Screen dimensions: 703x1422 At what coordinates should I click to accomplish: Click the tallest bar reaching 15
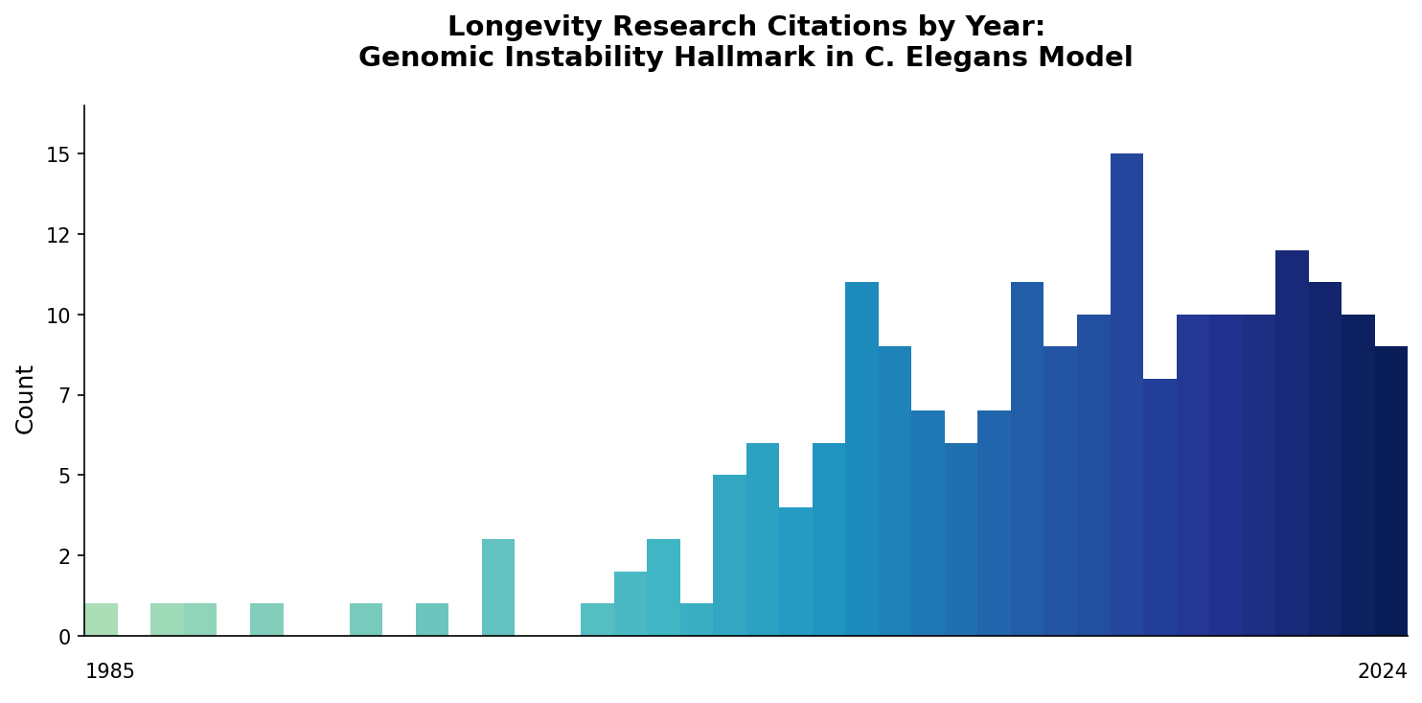coord(1126,393)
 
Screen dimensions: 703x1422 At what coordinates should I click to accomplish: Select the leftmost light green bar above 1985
coord(101,620)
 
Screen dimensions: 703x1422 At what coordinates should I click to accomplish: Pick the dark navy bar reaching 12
coord(1292,441)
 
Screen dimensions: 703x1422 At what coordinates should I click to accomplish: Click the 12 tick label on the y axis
coord(58,235)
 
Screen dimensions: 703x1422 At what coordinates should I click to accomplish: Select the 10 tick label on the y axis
coord(58,316)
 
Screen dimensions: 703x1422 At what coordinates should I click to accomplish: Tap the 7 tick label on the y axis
coord(64,395)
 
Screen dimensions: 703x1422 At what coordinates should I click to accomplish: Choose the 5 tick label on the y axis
coord(64,476)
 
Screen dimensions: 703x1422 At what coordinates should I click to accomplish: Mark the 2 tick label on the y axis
coord(64,556)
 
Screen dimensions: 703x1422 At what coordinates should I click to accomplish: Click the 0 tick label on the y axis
coord(64,637)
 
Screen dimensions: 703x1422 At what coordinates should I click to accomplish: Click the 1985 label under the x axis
coord(110,671)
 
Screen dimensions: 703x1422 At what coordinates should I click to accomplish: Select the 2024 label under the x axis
coord(1382,671)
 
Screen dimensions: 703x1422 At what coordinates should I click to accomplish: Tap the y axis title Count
coord(25,399)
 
